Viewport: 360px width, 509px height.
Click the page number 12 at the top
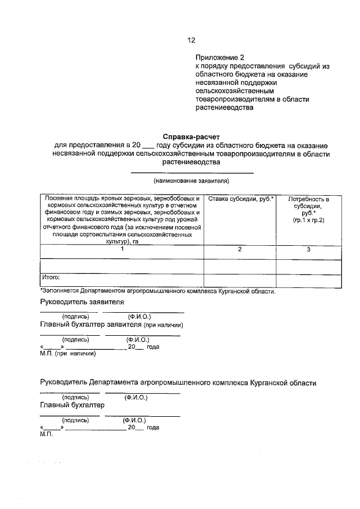click(x=191, y=40)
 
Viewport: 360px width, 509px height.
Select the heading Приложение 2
click(x=220, y=58)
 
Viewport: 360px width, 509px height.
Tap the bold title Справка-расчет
click(x=191, y=137)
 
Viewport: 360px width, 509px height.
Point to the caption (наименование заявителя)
click(x=191, y=181)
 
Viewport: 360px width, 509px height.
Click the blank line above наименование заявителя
click(x=191, y=172)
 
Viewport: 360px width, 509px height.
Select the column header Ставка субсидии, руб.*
click(x=240, y=200)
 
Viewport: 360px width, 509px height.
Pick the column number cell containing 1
click(x=121, y=249)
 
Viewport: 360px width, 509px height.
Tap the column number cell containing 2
click(x=240, y=249)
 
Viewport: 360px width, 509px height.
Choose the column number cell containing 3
click(x=309, y=249)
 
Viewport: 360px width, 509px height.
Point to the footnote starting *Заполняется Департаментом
click(x=158, y=291)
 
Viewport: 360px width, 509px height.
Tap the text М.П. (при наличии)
click(x=68, y=354)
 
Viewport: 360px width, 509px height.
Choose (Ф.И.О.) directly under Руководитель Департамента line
click(x=136, y=397)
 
